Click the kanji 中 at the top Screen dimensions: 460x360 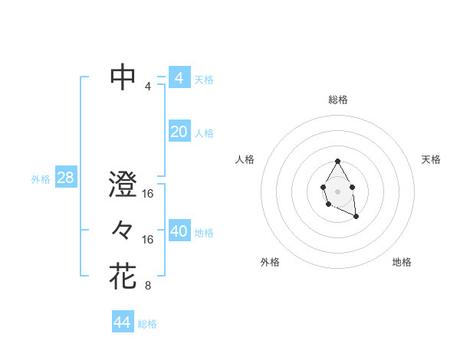123,77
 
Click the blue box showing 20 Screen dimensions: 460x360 179,132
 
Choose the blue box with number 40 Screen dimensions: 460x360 179,231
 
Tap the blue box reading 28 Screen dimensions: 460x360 65,178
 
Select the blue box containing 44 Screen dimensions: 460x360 122,322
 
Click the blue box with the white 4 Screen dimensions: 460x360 179,78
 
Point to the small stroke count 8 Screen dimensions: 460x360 147,286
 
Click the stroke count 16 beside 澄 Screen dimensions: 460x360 148,195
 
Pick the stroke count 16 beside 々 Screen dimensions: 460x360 148,240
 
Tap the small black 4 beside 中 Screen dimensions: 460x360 147,87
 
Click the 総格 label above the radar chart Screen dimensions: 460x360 337,100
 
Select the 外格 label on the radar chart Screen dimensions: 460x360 270,262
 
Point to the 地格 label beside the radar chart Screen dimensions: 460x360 402,262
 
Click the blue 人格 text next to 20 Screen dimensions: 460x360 204,133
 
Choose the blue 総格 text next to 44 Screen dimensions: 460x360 147,324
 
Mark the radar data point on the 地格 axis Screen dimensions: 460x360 356,218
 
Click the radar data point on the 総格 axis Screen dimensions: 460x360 337,161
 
